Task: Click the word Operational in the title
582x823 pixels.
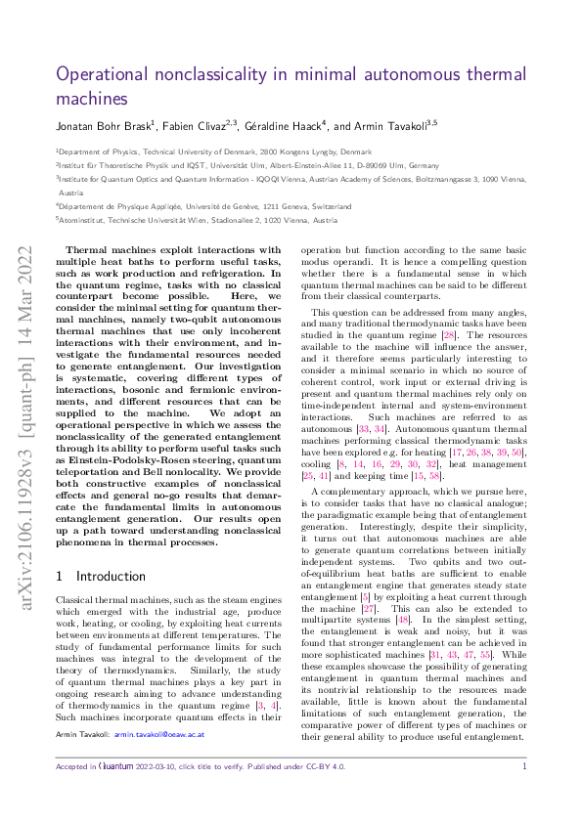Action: (x=99, y=74)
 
